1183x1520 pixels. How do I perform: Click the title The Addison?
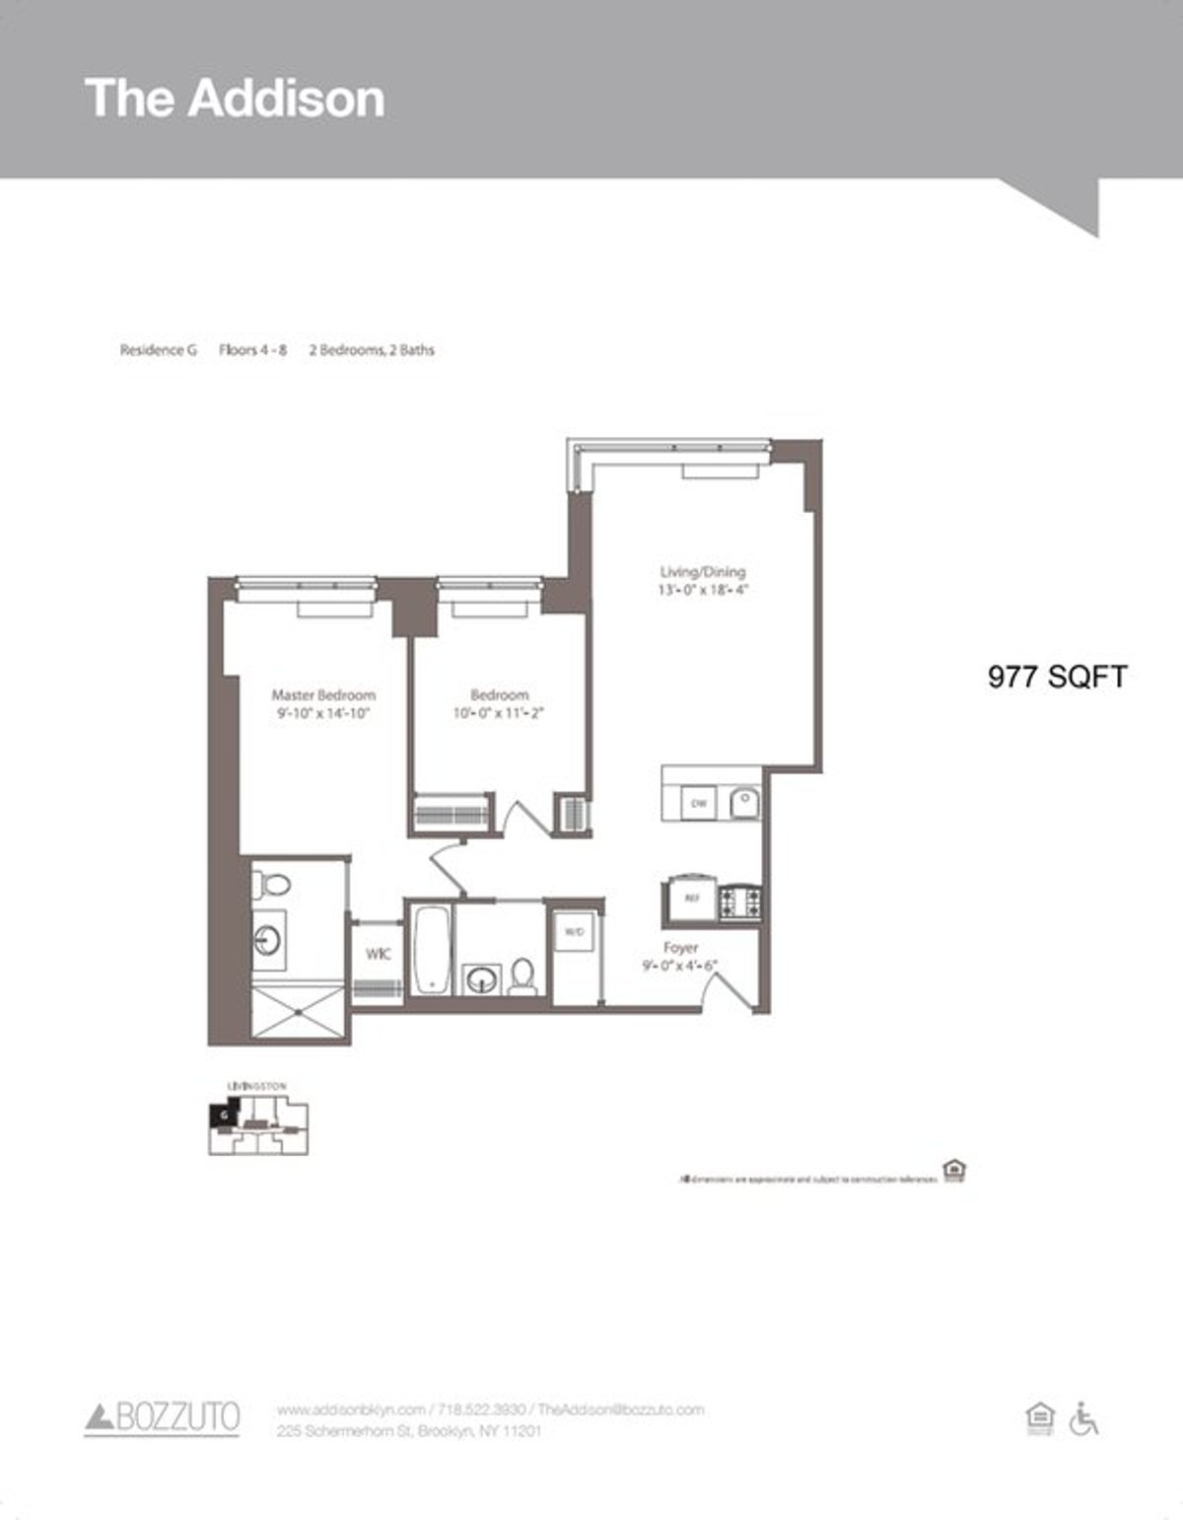235,98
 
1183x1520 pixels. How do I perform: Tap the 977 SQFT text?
1057,677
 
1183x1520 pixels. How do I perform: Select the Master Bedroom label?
323,695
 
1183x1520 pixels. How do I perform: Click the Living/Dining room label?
702,572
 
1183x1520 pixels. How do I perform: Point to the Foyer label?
680,948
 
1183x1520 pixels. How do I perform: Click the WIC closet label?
378,954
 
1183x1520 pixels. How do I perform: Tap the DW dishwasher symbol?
699,804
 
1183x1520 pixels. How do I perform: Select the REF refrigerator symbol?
692,899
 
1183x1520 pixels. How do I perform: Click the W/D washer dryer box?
574,930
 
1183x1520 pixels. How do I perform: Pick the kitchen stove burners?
739,900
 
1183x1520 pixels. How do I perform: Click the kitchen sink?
744,802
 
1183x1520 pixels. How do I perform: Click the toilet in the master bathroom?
270,884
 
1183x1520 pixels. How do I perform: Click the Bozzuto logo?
163,1418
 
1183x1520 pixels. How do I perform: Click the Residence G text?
158,350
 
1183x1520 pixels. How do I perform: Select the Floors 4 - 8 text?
252,350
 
